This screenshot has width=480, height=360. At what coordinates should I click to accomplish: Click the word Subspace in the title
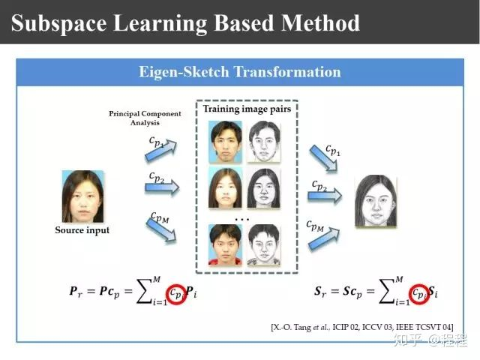pyautogui.click(x=58, y=23)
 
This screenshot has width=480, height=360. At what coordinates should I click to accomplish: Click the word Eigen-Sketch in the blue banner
pyautogui.click(x=184, y=72)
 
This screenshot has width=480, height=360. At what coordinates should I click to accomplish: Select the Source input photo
pyautogui.click(x=83, y=196)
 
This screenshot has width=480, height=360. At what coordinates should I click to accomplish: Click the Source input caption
pyautogui.click(x=82, y=230)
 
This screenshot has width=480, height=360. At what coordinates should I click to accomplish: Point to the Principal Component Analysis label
pyautogui.click(x=145, y=118)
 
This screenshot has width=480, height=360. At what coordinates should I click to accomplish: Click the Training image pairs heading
pyautogui.click(x=247, y=109)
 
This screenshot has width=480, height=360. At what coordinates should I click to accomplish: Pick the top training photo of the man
pyautogui.click(x=225, y=142)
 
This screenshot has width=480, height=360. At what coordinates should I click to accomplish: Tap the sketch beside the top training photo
pyautogui.click(x=263, y=142)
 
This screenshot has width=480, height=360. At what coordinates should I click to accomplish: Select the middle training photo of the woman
pyautogui.click(x=225, y=188)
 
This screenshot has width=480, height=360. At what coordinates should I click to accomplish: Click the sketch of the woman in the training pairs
pyautogui.click(x=263, y=188)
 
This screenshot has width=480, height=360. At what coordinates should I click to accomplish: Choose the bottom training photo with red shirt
pyautogui.click(x=225, y=245)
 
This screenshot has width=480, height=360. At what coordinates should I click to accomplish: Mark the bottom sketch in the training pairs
pyautogui.click(x=263, y=245)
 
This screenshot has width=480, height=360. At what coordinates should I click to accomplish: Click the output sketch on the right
pyautogui.click(x=376, y=201)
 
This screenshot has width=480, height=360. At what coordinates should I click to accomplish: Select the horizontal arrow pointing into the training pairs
pyautogui.click(x=162, y=187)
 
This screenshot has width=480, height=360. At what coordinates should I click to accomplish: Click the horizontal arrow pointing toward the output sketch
pyautogui.click(x=325, y=196)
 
